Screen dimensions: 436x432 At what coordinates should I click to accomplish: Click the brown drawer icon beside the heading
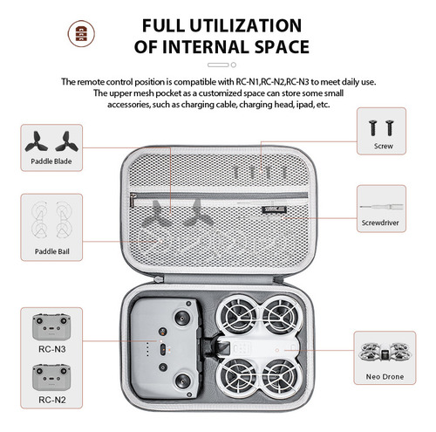pyautogui.click(x=81, y=33)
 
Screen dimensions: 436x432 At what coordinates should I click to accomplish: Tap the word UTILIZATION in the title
pyautogui.click(x=246, y=25)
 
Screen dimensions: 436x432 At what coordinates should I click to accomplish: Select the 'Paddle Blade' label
pyautogui.click(x=51, y=161)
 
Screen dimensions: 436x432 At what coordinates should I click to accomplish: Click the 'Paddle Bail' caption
pyautogui.click(x=52, y=251)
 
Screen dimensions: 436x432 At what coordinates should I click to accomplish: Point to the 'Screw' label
pyautogui.click(x=384, y=146)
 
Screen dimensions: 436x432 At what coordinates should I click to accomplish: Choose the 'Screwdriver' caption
pyautogui.click(x=380, y=223)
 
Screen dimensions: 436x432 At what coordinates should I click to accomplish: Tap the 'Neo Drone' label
pyautogui.click(x=385, y=377)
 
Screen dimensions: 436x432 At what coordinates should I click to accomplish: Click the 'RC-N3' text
pyautogui.click(x=52, y=349)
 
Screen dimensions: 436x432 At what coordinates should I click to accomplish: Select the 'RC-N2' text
pyautogui.click(x=52, y=400)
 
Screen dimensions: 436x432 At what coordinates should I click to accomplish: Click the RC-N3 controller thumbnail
pyautogui.click(x=51, y=327)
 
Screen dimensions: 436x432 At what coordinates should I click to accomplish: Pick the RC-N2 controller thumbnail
pyautogui.click(x=51, y=377)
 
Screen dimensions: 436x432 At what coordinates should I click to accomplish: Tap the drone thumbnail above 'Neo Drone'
pyautogui.click(x=385, y=353)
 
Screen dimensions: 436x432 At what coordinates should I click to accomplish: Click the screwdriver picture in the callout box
pyautogui.click(x=381, y=207)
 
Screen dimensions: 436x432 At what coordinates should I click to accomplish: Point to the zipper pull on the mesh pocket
pyautogui.click(x=133, y=199)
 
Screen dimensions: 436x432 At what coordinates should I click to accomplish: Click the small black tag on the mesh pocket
pyautogui.click(x=275, y=209)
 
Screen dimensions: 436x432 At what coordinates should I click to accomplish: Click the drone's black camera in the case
pyautogui.click(x=222, y=347)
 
